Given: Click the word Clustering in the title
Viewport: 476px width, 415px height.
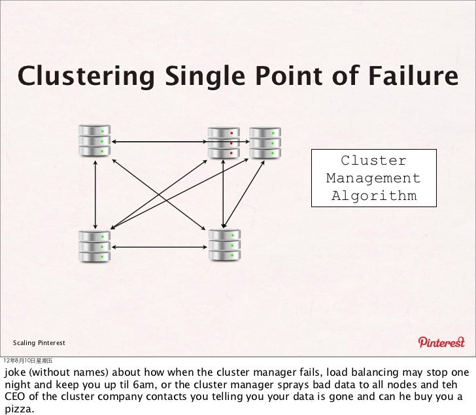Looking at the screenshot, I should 86,78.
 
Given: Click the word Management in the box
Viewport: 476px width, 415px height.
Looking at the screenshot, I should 373,178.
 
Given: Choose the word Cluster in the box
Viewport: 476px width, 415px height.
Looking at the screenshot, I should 373,161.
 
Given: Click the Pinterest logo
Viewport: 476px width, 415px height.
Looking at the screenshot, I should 441,342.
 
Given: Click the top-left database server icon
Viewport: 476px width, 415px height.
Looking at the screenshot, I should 95,140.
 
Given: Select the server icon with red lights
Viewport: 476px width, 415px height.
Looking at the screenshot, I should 224,142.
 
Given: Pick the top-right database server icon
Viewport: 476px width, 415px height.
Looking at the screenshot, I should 265,142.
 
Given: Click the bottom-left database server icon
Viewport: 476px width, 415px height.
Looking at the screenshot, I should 95,246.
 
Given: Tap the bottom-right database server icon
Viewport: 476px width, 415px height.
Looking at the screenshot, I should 224,246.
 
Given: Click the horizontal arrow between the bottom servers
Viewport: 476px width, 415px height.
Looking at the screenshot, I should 160,247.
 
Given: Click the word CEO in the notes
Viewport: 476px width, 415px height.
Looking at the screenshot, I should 16,396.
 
